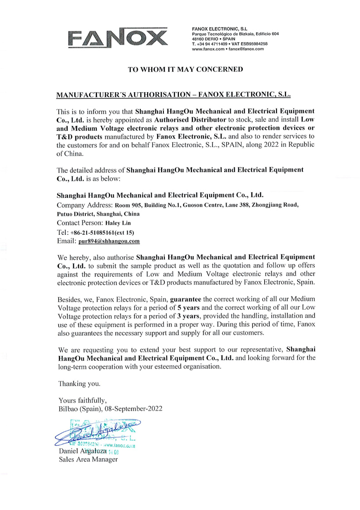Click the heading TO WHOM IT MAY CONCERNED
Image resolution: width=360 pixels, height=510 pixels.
pos(185,69)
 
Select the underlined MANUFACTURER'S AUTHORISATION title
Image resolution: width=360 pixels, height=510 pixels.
pos(173,95)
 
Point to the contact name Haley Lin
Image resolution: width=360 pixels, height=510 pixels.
pos(118,223)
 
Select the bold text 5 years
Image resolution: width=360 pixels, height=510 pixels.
pos(189,307)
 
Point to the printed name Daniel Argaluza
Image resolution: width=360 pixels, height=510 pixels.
pos(83,451)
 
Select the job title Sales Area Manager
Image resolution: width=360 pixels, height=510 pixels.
pos(88,459)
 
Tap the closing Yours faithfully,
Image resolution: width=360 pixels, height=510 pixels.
pos(83,401)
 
